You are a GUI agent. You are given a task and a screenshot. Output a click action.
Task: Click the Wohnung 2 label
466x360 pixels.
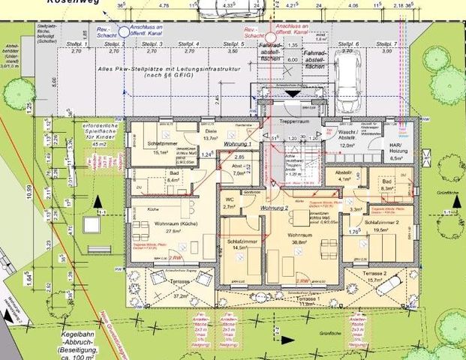click(x=275, y=207)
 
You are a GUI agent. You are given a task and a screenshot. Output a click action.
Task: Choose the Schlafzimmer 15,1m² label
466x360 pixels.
click(x=161, y=146)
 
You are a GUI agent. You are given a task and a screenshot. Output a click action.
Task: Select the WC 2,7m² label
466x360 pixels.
click(x=230, y=202)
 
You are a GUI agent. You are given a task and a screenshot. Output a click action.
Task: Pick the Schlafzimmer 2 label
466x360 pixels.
click(x=381, y=226)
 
